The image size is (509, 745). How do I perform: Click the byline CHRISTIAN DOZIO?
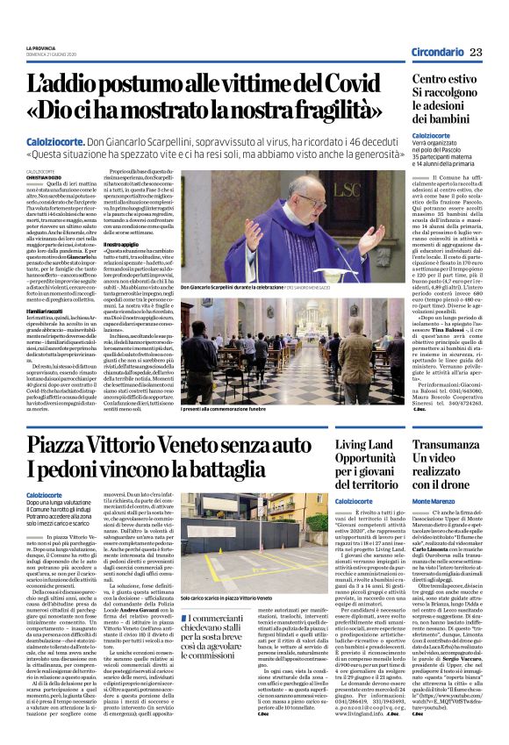pyautogui.click(x=43, y=152)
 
